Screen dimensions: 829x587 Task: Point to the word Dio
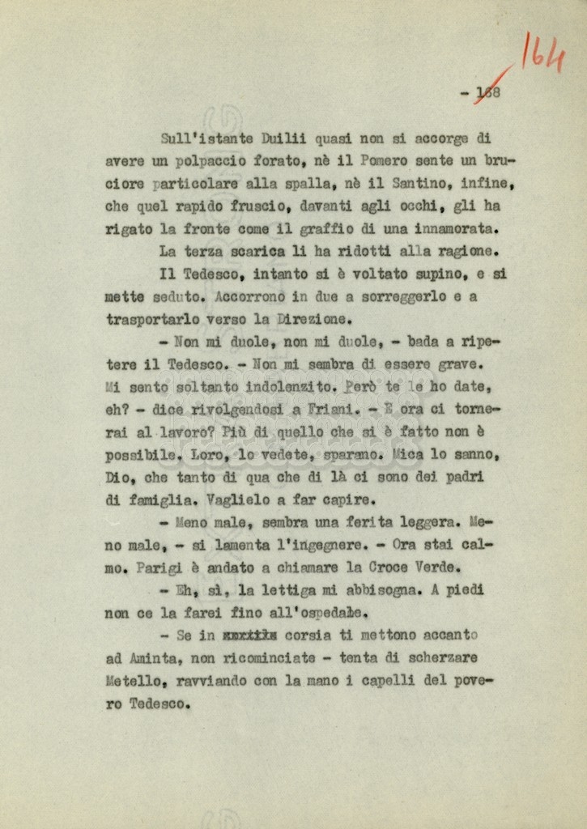point(116,478)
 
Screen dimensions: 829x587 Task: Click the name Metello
point(132,681)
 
